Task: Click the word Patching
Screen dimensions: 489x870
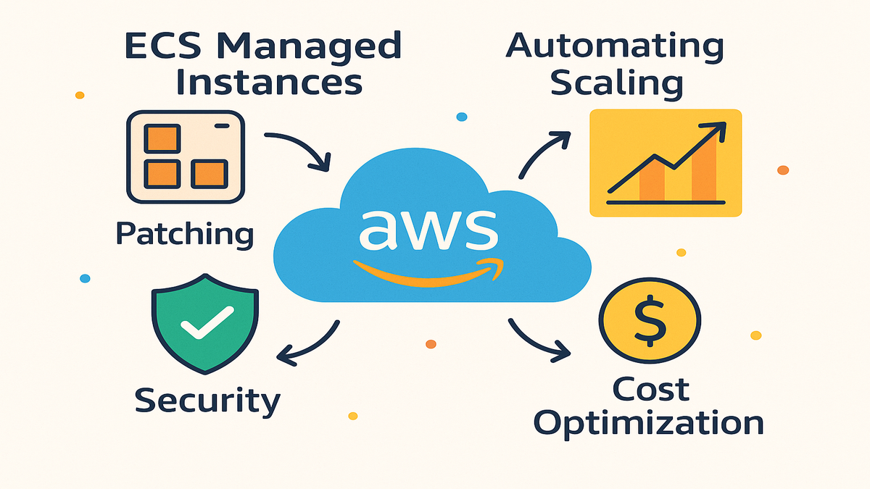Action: pos(184,235)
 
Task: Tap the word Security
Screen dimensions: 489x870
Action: pos(207,400)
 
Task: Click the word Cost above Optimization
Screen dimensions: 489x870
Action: pos(650,390)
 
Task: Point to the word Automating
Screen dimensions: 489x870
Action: pos(615,47)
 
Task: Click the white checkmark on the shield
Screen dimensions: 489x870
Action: pos(206,322)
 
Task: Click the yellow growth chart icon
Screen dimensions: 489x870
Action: pos(666,162)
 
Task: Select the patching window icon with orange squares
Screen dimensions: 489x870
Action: pos(186,157)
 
